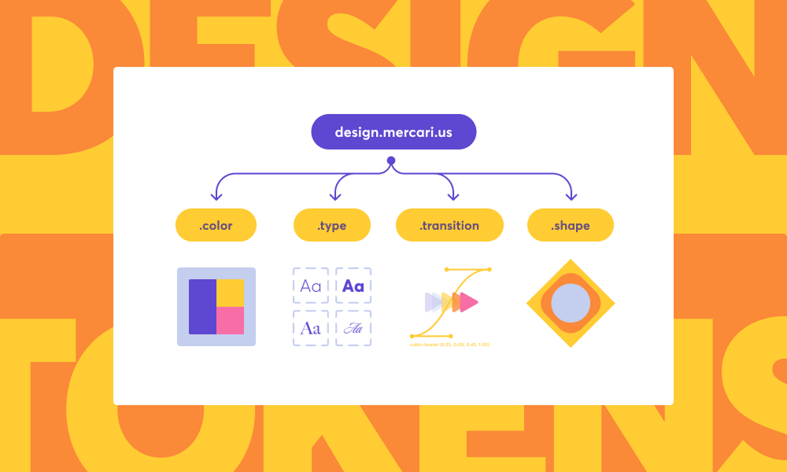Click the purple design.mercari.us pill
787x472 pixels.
pos(393,132)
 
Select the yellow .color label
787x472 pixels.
pos(216,225)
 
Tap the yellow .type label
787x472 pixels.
pos(332,225)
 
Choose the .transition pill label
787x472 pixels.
pos(449,225)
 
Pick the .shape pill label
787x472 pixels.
pos(571,225)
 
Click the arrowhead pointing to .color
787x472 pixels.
pos(216,197)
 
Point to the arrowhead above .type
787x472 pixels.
pos(336,197)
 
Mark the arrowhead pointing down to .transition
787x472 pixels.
pos(452,197)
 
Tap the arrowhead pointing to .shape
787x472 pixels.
pos(571,197)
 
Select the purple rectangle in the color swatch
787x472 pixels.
pos(202,307)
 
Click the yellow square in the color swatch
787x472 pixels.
pos(231,293)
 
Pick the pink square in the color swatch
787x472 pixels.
pos(231,320)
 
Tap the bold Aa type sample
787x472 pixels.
pos(353,286)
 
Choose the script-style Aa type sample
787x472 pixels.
pos(353,328)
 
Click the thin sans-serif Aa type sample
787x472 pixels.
pos(312,286)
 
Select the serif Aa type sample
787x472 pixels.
pos(312,328)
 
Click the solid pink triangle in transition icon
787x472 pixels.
pos(469,302)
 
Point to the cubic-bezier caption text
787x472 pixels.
pos(450,345)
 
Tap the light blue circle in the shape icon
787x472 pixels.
pos(571,304)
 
